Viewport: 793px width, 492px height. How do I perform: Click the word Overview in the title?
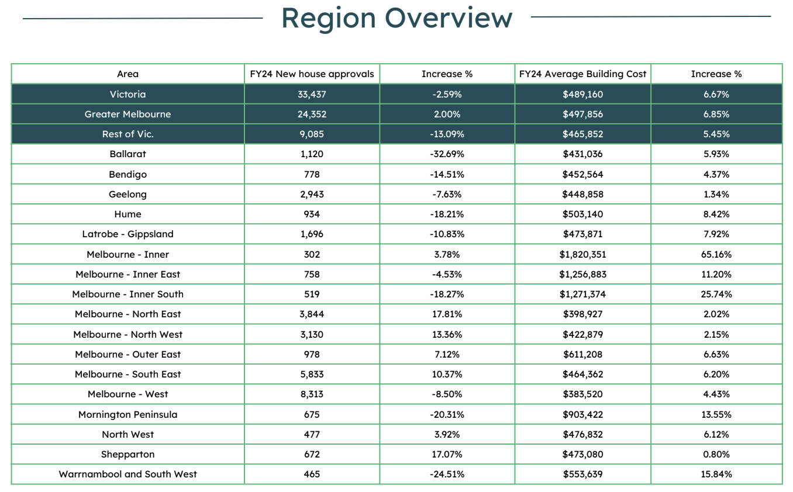449,18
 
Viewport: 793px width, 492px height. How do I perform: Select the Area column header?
128,74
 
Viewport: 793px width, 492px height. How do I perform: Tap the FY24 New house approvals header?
312,74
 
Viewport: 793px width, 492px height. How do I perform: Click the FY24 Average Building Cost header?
582,74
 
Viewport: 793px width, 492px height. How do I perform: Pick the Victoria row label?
128,94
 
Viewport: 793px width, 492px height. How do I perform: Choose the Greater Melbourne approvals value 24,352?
312,115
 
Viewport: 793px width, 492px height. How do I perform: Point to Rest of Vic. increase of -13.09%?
447,134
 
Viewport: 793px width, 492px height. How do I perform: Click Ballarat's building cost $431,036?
582,154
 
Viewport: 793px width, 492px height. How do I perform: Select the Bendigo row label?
128,174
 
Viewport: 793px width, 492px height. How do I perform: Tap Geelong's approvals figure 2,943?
312,194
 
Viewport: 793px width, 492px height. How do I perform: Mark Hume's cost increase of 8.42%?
716,214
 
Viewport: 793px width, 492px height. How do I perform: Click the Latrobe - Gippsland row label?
128,234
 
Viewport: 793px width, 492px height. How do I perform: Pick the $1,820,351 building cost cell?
582,254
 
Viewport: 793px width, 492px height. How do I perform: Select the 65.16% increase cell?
716,254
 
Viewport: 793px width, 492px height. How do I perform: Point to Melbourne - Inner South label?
128,294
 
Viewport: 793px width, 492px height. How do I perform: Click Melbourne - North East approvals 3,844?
312,314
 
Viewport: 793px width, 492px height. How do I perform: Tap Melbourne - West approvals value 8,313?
312,394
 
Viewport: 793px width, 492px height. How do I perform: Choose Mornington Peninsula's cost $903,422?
582,414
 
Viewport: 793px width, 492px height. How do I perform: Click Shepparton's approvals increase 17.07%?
447,454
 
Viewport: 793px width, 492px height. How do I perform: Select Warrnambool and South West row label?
128,474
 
